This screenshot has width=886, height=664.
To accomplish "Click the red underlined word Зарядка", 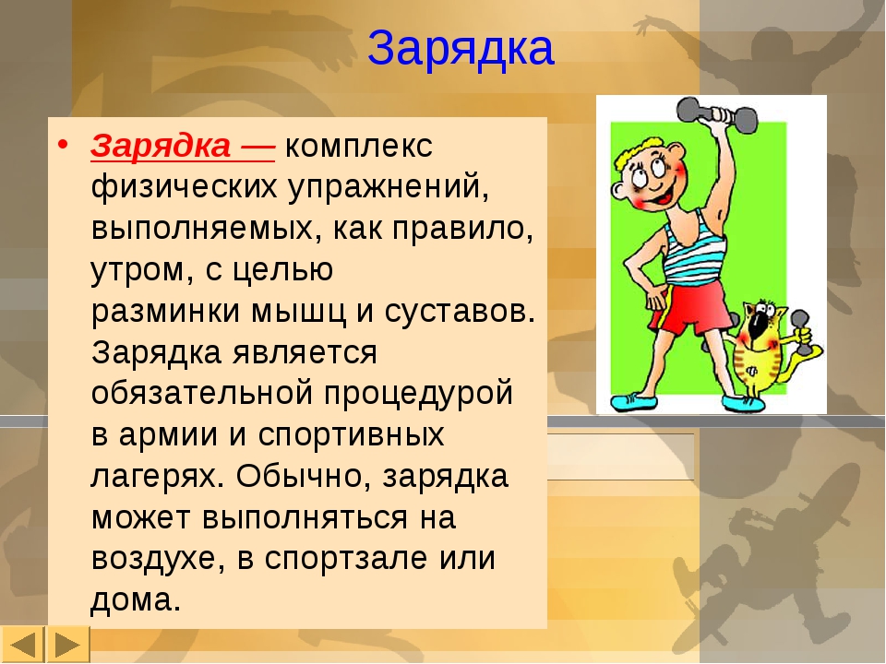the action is tap(161, 146).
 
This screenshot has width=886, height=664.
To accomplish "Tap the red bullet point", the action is tap(62, 145).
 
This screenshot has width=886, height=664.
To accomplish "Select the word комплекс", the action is tap(359, 146).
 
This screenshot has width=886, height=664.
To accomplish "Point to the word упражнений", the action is tap(389, 187).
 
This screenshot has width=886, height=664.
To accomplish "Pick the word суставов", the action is tap(460, 311).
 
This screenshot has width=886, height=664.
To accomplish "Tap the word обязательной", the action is tap(202, 394).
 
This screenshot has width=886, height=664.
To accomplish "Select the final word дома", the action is tap(135, 599).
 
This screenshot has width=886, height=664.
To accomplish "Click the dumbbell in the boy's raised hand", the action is tap(716, 113).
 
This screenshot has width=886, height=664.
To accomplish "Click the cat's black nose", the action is tap(758, 326).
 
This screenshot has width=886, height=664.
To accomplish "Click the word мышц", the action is tap(298, 311).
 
